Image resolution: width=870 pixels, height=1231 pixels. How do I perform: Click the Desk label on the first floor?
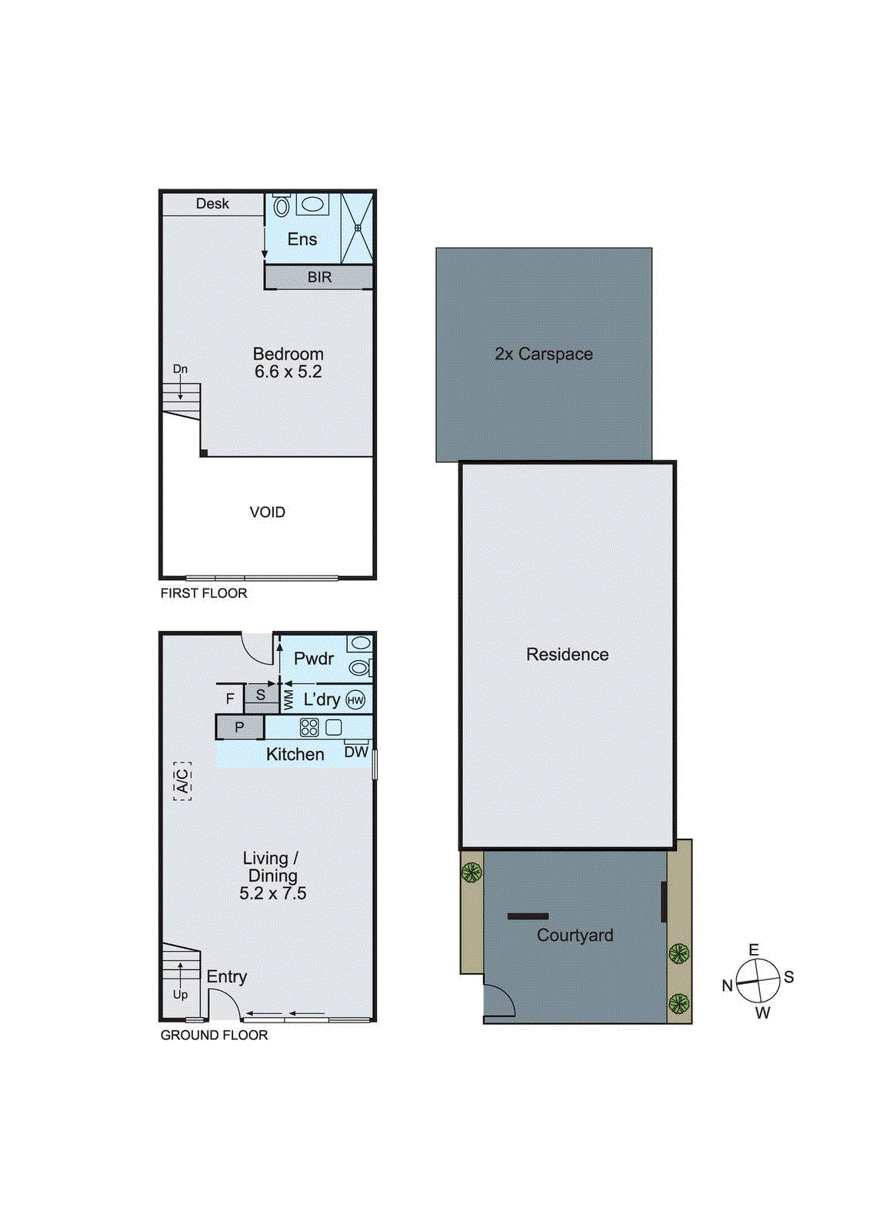(212, 204)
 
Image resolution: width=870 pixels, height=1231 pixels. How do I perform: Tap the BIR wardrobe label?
(319, 277)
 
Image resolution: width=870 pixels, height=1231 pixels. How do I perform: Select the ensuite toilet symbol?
(282, 205)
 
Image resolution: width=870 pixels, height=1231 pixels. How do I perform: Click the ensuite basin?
(312, 204)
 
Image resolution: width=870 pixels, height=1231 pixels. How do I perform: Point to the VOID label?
(267, 512)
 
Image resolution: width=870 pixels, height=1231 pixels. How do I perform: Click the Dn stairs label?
(180, 369)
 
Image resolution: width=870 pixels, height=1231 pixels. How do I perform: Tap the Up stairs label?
(180, 994)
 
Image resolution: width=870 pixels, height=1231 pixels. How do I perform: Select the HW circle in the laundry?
(355, 700)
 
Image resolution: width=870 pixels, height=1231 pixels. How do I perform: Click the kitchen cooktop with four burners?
(309, 727)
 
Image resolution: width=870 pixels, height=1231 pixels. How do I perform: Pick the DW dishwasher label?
(355, 752)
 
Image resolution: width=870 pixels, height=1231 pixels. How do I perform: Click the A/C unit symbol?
(182, 782)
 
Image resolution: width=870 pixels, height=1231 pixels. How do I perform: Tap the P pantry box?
(239, 727)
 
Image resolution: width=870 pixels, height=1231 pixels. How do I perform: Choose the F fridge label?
(230, 699)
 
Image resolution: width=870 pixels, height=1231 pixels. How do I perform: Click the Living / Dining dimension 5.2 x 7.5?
(272, 893)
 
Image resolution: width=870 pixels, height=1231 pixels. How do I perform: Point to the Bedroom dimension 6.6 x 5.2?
(288, 372)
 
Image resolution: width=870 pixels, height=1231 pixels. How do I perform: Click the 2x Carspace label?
(544, 354)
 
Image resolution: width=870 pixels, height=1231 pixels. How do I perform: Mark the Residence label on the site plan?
(567, 655)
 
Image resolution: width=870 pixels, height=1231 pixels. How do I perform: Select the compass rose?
(758, 981)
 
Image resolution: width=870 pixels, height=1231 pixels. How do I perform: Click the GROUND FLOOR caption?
(214, 1036)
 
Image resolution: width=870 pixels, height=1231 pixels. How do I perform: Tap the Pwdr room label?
(314, 659)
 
